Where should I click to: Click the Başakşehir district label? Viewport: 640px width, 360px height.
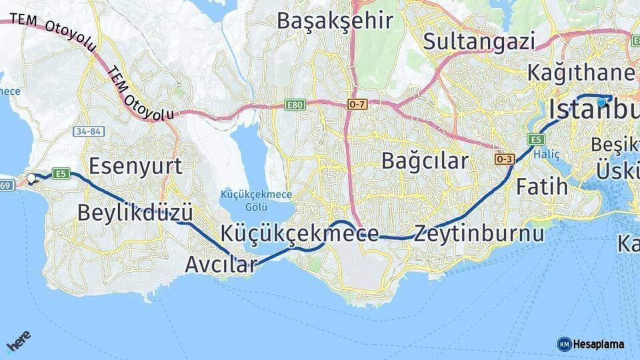[x=335, y=21]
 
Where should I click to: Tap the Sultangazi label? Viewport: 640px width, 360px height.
[x=479, y=41]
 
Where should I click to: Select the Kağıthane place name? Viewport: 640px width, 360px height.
[x=581, y=72]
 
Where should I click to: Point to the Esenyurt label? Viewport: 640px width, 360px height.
[x=135, y=165]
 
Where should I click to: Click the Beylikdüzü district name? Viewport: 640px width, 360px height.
[x=135, y=213]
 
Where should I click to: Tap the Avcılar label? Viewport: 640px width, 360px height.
[x=221, y=265]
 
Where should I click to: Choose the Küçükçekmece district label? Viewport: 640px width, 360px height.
[x=300, y=233]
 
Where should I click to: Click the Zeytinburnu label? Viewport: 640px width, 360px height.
[x=479, y=234]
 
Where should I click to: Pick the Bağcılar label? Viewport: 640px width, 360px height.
[x=425, y=161]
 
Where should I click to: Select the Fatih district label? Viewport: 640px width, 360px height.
[x=542, y=186]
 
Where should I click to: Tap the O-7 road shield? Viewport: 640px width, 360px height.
[x=357, y=105]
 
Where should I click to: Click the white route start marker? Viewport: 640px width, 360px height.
[x=31, y=178]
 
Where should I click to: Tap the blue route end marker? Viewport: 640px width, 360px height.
[x=601, y=102]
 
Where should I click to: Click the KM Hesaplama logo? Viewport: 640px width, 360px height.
[x=591, y=344]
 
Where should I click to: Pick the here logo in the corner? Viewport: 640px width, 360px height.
[x=18, y=344]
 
